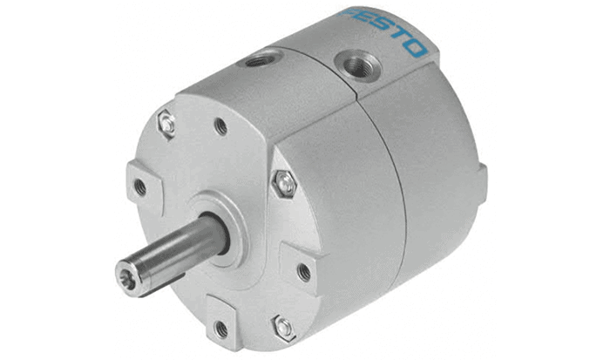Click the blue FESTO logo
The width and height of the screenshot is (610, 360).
pyautogui.click(x=383, y=31)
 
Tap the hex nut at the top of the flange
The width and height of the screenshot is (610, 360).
pyautogui.click(x=166, y=124)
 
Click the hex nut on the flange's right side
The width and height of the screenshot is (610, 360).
pyautogui.click(x=284, y=184)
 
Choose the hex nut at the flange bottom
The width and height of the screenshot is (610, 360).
pyautogui.click(x=283, y=328)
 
